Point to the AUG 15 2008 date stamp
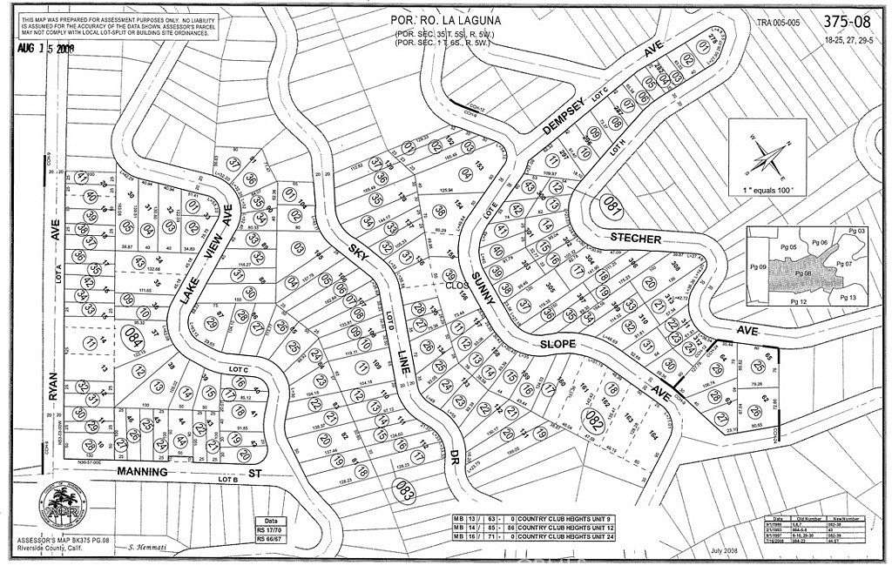tap(46, 49)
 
